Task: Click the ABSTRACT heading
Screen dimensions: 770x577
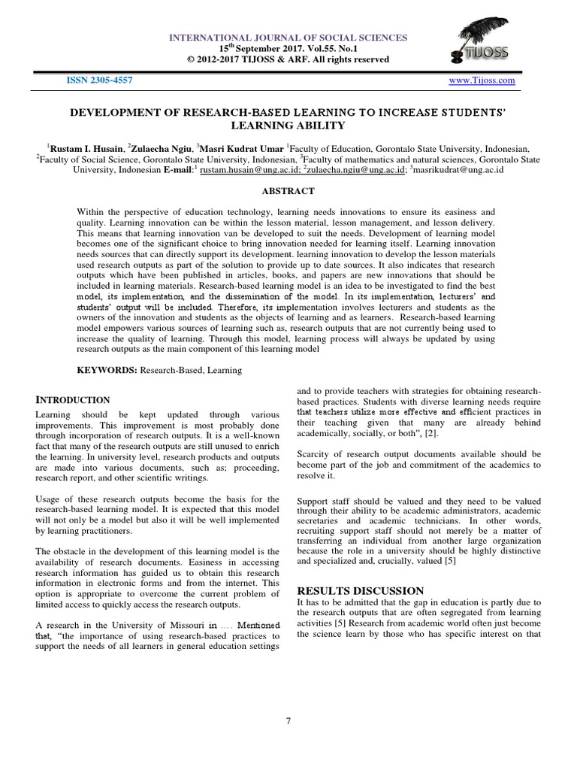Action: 288,192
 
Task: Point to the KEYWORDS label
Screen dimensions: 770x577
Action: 106,371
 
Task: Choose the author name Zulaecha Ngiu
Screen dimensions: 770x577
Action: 162,149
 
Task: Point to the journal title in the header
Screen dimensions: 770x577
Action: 288,37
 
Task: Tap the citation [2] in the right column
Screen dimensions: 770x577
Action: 434,433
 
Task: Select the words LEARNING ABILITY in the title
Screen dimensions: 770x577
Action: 288,126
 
